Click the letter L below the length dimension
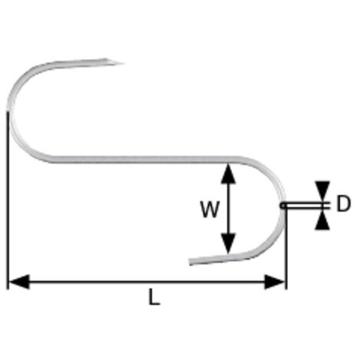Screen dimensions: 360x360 [154, 297]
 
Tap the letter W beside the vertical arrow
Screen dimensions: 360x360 [210, 209]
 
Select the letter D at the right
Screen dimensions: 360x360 [343, 204]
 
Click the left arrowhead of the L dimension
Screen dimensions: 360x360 [19, 282]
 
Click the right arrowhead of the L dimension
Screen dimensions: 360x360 [275, 282]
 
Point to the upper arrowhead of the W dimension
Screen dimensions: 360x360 [228, 174]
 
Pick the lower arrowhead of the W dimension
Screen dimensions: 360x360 [228, 244]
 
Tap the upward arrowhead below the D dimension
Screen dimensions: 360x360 [322, 220]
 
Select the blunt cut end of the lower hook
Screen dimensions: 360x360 [191, 262]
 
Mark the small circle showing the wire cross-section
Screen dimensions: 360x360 [283, 205]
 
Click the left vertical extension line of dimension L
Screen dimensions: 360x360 [8, 201]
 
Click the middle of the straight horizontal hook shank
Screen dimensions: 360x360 [143, 159]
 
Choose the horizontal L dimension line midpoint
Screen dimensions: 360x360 [147, 282]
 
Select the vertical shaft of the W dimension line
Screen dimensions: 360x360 [228, 209]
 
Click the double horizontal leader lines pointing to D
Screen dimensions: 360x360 [306, 206]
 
